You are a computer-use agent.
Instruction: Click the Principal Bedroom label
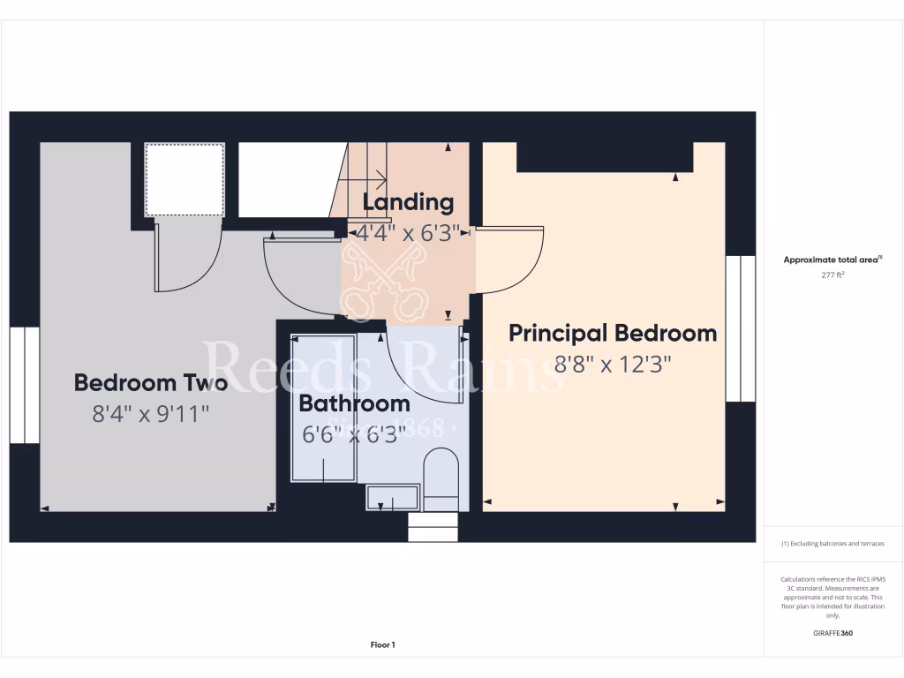613,334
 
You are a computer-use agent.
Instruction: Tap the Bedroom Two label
151,383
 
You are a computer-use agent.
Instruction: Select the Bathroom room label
354,404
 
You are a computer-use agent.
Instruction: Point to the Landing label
408,202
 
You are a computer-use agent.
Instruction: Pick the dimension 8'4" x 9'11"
151,413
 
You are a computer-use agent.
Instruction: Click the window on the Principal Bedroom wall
740,328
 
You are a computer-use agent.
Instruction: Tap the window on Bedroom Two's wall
25,384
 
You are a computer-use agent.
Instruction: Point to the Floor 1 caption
382,645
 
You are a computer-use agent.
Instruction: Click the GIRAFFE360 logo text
833,633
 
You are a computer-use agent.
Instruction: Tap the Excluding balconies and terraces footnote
832,544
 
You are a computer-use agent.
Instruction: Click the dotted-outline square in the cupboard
185,179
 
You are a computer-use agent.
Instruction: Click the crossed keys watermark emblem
384,279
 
